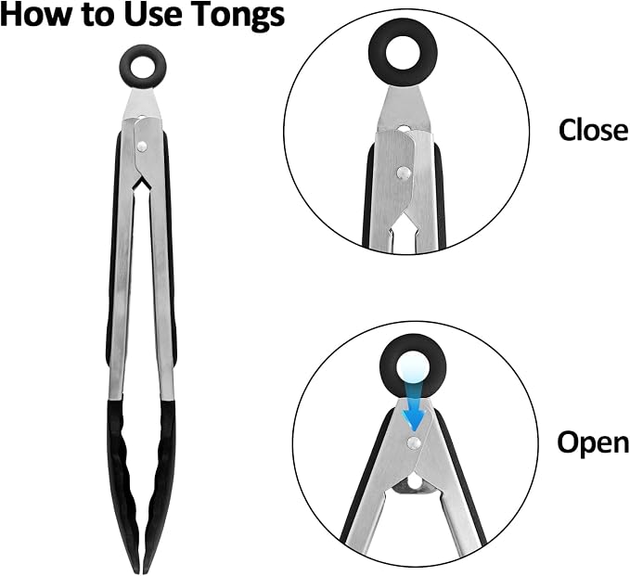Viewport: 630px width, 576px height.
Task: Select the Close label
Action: pyautogui.click(x=594, y=130)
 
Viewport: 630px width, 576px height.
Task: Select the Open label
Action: pyautogui.click(x=594, y=443)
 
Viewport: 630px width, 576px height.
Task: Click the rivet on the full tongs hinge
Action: pyautogui.click(x=141, y=147)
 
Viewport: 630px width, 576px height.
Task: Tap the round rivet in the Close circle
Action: pyautogui.click(x=404, y=173)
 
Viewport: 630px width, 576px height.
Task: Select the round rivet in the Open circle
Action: pyautogui.click(x=414, y=442)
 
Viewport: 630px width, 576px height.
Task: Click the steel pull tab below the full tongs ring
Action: pyautogui.click(x=143, y=104)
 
